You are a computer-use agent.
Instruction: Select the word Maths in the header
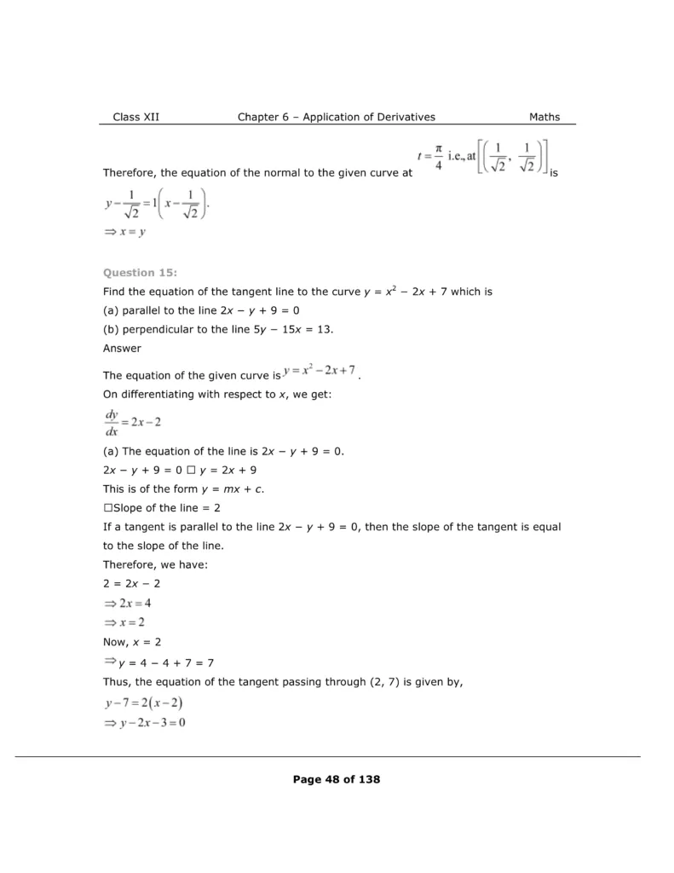(544, 117)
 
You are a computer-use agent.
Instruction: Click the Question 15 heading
(140, 273)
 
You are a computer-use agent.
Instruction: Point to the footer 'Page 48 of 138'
(337, 778)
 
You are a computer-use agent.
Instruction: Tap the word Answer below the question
(122, 348)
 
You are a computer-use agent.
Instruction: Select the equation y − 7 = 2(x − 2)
(144, 703)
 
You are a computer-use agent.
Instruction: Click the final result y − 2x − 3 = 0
(144, 722)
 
